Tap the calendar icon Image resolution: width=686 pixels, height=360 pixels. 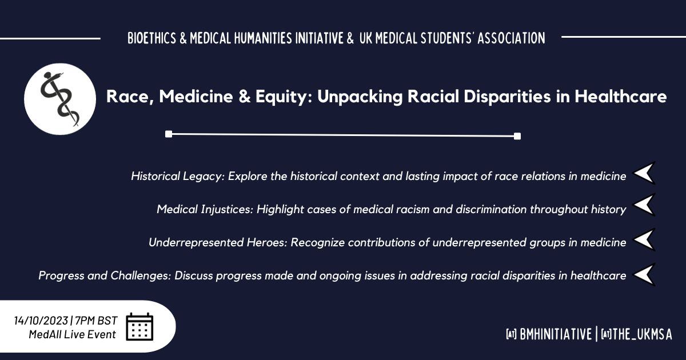139,327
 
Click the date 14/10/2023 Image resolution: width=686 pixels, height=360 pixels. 41,321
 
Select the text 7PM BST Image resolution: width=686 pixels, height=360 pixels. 96,321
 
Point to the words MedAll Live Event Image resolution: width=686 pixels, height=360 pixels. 72,334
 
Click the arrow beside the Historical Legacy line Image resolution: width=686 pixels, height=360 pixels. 644,173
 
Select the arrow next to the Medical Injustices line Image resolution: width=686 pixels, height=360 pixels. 644,205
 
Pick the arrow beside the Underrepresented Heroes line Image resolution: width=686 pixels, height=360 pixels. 644,239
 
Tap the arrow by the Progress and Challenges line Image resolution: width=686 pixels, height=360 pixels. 644,275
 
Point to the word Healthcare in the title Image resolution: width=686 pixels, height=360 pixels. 621,96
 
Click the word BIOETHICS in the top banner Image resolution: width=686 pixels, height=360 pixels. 152,38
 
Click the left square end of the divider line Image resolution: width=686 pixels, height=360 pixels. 169,134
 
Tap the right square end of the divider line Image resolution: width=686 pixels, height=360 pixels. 517,136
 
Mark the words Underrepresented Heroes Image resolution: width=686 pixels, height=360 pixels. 218,242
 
